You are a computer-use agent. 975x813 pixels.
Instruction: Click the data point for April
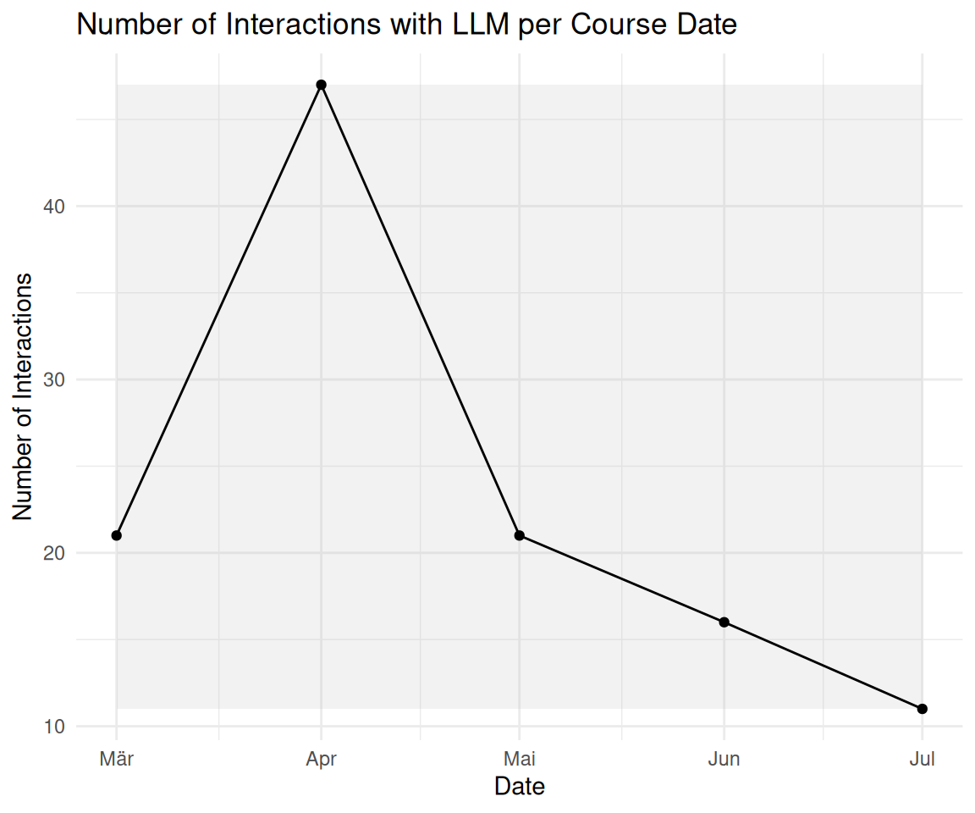tap(321, 85)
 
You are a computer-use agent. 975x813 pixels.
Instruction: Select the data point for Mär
tap(116, 535)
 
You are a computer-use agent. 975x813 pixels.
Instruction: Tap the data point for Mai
tap(519, 535)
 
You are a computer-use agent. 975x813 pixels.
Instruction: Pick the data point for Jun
tap(724, 622)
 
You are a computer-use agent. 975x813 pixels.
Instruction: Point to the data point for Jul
tap(923, 709)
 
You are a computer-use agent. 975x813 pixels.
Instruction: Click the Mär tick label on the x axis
tap(116, 759)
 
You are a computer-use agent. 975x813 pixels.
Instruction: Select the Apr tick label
tap(321, 760)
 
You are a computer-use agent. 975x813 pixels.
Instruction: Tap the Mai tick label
tap(519, 759)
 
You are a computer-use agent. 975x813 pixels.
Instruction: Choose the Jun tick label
tap(724, 759)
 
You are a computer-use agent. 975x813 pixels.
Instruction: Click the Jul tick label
tap(923, 759)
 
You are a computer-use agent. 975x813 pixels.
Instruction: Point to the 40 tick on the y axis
tap(54, 207)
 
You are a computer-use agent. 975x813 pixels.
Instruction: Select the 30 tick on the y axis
tap(54, 379)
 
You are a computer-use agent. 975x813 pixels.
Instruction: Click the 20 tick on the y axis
tap(54, 553)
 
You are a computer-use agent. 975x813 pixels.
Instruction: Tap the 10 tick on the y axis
tap(54, 727)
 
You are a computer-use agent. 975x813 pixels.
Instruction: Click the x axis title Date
tap(519, 787)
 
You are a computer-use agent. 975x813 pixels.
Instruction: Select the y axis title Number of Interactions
tap(22, 396)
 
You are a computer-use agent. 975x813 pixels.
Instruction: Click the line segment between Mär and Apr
tap(219, 310)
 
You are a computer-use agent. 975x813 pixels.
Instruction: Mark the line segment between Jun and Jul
tap(824, 666)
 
